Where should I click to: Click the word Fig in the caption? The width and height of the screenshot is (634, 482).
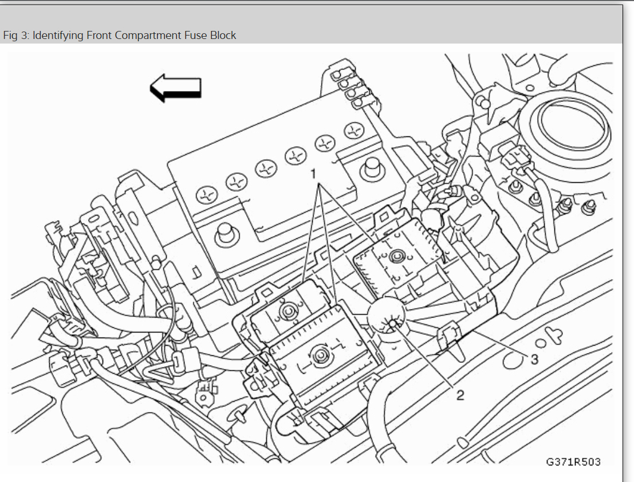click(10, 36)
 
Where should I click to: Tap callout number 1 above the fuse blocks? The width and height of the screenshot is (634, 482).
click(313, 172)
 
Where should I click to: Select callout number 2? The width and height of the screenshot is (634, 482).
click(460, 395)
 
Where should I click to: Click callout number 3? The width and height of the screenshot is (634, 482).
click(534, 359)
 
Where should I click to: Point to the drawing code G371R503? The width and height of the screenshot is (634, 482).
click(573, 461)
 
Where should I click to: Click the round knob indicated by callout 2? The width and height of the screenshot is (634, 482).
click(391, 325)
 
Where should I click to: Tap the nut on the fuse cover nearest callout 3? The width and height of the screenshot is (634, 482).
click(395, 258)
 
